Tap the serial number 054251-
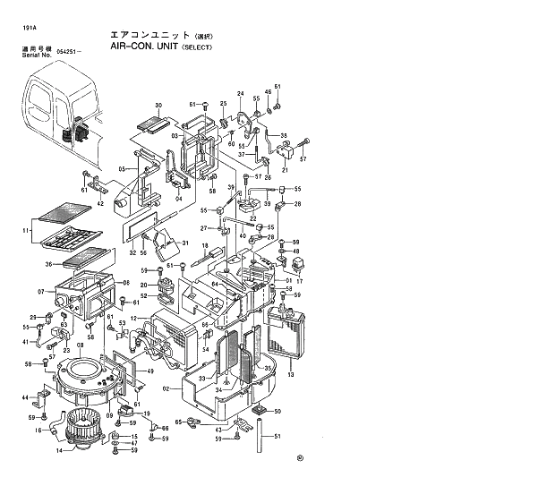pos(69,53)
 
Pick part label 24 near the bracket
pos(240,94)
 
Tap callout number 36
pos(49,264)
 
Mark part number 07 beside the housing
pos(41,293)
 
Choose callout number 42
pos(101,205)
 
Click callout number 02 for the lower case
pos(166,388)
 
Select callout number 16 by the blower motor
pos(38,431)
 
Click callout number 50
pos(277,410)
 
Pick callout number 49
pos(150,371)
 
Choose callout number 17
pos(300,269)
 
